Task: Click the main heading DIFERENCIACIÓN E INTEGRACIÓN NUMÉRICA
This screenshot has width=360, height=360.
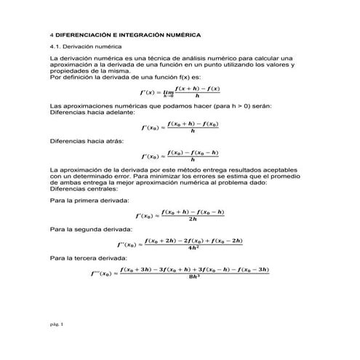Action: (127, 34)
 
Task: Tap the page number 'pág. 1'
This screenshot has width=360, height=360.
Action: (56, 324)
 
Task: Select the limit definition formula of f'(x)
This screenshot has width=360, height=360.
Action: (179, 92)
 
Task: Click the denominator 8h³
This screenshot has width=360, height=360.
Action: (193, 278)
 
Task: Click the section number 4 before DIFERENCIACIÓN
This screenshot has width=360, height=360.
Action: (49, 34)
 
